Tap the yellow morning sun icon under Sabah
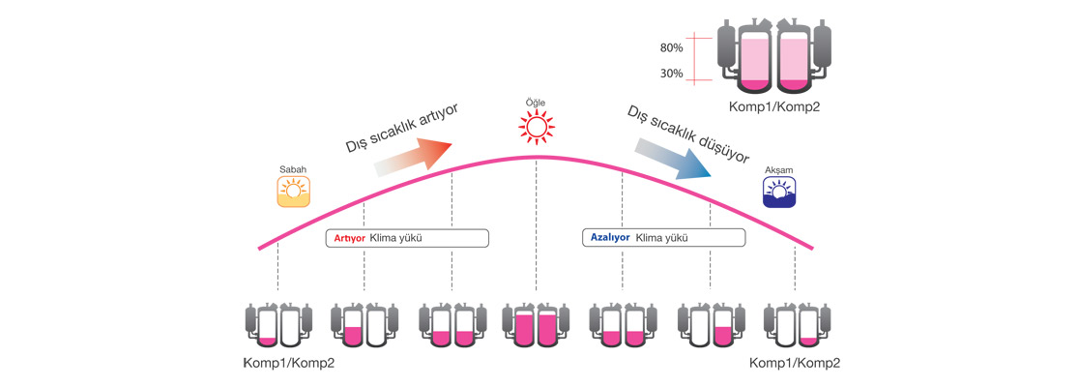tap(291, 191)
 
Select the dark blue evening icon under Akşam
tap(778, 192)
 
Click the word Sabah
tap(291, 167)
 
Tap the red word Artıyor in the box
tap(349, 237)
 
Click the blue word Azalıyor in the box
tap(609, 237)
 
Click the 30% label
tap(673, 74)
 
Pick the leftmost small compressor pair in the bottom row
tap(277, 327)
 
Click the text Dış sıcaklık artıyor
tap(400, 127)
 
